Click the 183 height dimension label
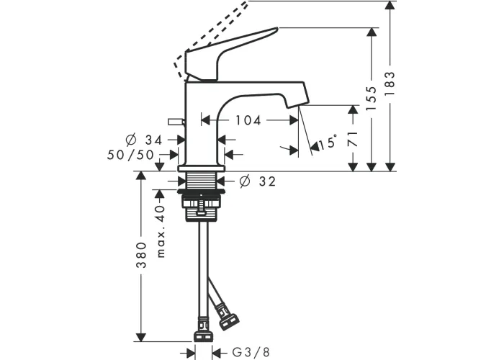(x=390, y=84)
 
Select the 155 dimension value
(x=372, y=99)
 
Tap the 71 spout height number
(x=353, y=139)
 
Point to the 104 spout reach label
(x=248, y=120)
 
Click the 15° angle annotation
(x=328, y=142)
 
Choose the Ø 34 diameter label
(x=144, y=140)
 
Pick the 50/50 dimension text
(x=130, y=155)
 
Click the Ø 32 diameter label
(x=258, y=181)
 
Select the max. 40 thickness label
(x=161, y=231)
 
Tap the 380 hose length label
(x=141, y=255)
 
